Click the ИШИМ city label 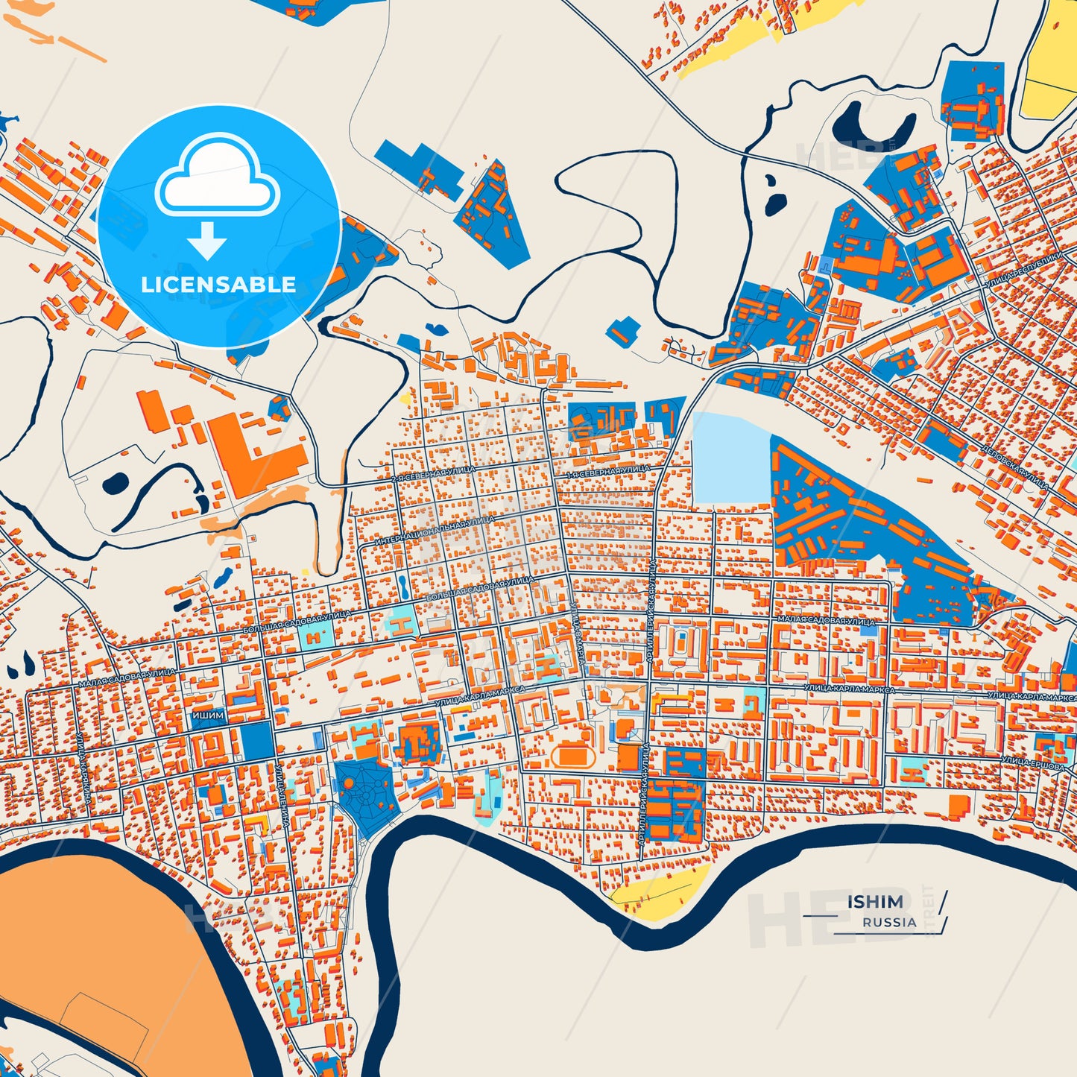coord(208,715)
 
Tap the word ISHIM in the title coord(874,902)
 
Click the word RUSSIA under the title coord(889,922)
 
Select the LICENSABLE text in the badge coord(218,284)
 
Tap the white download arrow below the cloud coord(206,240)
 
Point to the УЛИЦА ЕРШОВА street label coord(1032,762)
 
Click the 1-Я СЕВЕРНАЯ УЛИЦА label coord(607,472)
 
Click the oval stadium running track coord(573,757)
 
